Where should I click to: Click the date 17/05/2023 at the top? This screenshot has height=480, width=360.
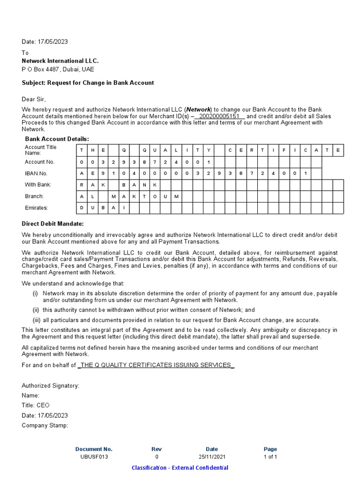point(45,42)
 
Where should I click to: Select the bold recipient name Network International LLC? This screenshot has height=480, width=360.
point(60,61)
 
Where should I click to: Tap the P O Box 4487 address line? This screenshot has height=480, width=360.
point(58,69)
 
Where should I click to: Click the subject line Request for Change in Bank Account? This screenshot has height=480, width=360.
point(88,83)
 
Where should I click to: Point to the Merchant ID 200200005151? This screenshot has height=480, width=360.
point(220,116)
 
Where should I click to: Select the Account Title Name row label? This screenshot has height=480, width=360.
point(41,150)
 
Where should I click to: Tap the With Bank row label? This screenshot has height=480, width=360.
point(38,185)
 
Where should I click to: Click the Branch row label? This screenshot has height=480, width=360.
point(34,196)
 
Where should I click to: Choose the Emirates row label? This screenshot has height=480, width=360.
point(37,208)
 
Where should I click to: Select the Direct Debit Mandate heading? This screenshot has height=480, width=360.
point(53,224)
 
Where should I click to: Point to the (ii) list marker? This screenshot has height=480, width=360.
point(35,310)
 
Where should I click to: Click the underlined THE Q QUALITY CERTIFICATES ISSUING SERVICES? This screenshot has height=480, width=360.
point(156,365)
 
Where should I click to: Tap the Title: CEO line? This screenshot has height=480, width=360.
point(36,405)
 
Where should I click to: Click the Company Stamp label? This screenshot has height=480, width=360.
point(45,426)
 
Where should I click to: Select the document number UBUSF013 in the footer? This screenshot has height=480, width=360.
point(94,457)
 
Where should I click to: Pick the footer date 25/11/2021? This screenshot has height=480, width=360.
point(211,457)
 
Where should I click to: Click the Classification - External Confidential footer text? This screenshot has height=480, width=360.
point(180,468)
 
